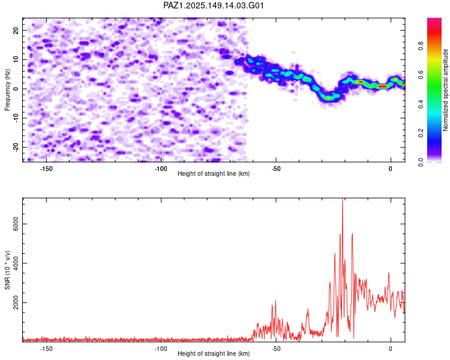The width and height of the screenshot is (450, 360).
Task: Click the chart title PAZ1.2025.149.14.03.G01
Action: point(213,5)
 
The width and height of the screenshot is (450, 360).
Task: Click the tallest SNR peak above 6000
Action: point(343,199)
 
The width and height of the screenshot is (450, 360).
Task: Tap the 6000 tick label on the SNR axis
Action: point(16,224)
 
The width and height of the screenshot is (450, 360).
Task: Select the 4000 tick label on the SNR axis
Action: point(16,263)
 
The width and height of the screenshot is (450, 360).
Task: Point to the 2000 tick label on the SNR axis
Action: point(16,302)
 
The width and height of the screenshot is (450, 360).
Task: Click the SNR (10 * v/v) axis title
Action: point(7,270)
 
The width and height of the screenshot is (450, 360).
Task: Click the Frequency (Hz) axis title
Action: point(7,90)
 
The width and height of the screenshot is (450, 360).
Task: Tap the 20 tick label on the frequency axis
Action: point(16,30)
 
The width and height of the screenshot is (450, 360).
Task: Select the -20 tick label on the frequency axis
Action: point(16,148)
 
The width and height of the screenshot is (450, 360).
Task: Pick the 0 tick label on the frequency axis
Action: point(16,89)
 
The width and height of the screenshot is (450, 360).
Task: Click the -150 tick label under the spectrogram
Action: point(46,169)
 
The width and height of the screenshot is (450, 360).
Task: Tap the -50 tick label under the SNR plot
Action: point(276,349)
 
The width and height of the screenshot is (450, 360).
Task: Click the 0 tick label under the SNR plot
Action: point(391,349)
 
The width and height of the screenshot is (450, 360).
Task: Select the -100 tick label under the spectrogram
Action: point(161,169)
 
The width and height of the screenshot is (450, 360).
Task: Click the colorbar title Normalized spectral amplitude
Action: point(445,90)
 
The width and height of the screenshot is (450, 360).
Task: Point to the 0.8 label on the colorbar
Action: point(421,46)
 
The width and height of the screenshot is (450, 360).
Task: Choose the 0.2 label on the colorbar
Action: point(421,133)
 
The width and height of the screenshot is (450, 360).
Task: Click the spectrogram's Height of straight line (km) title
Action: point(214,173)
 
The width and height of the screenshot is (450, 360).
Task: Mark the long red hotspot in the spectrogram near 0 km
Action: point(383,86)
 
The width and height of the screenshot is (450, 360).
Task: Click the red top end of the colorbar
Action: point(434,20)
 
